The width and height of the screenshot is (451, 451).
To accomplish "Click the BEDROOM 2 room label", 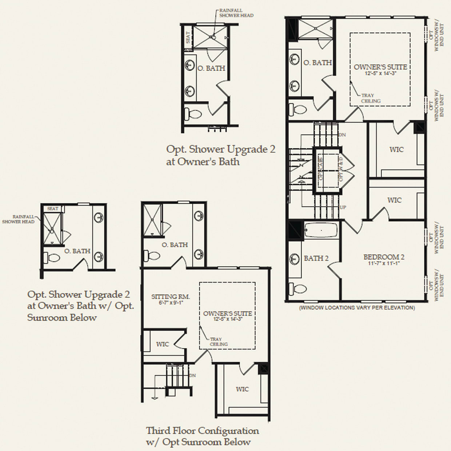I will (384, 257).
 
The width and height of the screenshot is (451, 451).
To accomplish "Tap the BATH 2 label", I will (316, 258).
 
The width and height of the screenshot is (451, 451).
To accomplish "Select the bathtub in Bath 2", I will (320, 230).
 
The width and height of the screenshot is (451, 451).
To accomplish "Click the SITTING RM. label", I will (171, 297).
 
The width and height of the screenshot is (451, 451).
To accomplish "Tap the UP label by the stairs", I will (343, 207).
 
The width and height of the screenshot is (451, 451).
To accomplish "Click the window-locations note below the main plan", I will (356, 308).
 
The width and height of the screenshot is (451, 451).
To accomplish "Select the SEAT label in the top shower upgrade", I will (188, 37).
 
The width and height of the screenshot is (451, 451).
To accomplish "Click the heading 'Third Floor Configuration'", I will (203, 431).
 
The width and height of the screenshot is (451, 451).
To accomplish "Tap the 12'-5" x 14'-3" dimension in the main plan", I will (380, 73).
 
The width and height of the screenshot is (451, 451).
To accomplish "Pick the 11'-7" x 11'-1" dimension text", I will (384, 263).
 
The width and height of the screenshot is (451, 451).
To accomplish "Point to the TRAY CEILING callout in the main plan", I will (371, 98).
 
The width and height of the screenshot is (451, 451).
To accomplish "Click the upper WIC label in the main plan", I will (396, 149).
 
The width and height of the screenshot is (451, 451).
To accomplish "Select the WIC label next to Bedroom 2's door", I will (394, 200).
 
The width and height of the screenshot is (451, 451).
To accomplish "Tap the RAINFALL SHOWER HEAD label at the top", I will (236, 13).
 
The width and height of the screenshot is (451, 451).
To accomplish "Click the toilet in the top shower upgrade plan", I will (193, 114).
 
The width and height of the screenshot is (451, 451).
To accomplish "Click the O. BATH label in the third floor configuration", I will (175, 245).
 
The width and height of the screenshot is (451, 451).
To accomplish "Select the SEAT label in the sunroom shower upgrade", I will (53, 208).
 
